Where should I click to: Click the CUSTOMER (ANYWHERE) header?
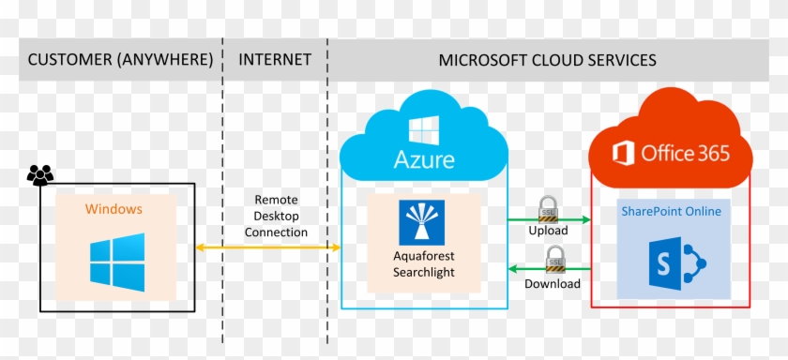click(120, 60)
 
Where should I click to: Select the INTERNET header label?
click(275, 60)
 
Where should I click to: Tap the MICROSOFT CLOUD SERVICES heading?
click(547, 60)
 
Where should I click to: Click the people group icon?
click(40, 175)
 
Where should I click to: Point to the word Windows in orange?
click(114, 208)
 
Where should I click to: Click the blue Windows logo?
click(117, 262)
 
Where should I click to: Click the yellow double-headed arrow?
click(268, 247)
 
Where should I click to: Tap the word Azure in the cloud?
click(424, 160)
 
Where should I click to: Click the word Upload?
click(548, 230)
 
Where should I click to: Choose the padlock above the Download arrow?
click(554, 257)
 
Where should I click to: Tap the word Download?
click(552, 283)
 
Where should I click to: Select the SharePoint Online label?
click(671, 211)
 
